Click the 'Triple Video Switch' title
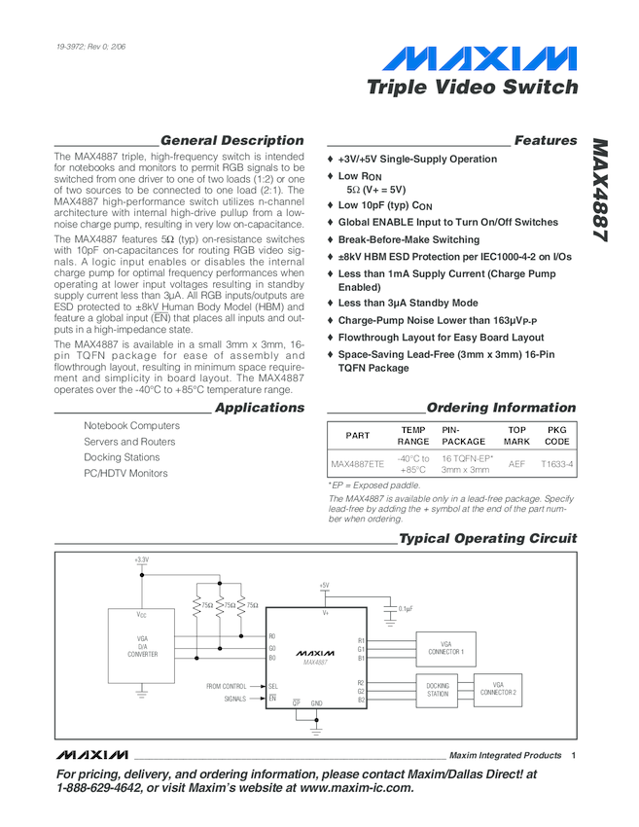[x=472, y=88]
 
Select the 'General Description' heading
[x=231, y=141]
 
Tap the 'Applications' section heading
[x=259, y=408]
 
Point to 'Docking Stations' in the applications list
[x=122, y=457]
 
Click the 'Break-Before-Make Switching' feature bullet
[x=408, y=239]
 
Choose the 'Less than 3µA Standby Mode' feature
[x=408, y=304]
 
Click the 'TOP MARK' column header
[x=516, y=435]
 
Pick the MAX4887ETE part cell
[x=357, y=464]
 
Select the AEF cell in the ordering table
[x=516, y=464]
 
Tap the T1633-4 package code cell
[x=557, y=464]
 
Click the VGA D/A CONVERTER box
[x=142, y=647]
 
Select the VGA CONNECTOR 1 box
[x=446, y=648]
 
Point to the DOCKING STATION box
[x=439, y=690]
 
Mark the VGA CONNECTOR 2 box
[x=498, y=690]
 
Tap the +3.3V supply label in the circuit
[x=142, y=560]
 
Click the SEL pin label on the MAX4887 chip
[x=273, y=687]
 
